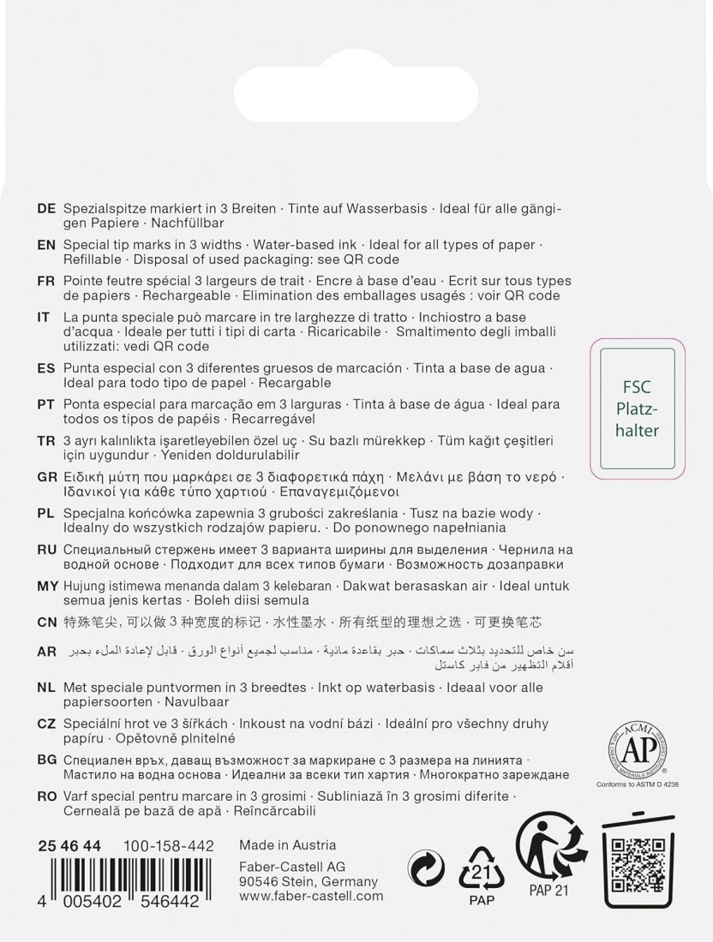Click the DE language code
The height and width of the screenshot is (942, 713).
47,208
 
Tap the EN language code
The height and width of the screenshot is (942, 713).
47,245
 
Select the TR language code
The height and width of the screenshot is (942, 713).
47,440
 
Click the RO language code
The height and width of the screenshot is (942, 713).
47,796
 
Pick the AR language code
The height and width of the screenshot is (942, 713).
47,652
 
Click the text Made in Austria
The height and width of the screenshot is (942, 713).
288,845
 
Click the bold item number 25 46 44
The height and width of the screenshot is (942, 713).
69,846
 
